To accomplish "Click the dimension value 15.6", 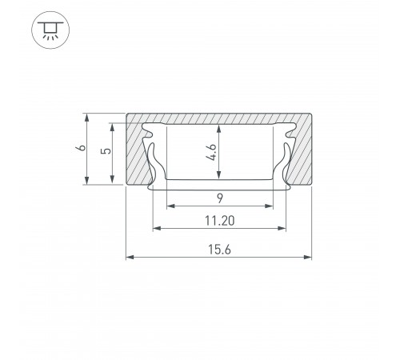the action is click(x=219, y=250).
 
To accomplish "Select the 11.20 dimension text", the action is click(x=219, y=221).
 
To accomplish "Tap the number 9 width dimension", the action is click(x=220, y=198).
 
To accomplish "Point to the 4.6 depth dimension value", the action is click(x=211, y=152).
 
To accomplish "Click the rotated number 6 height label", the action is click(x=82, y=147).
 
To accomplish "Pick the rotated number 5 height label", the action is click(x=106, y=150).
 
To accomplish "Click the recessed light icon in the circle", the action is click(x=50, y=30).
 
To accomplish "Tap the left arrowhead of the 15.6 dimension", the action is click(x=130, y=257).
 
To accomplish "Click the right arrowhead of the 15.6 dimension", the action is click(x=307, y=257).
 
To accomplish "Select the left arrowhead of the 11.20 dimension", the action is click(x=157, y=228).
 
